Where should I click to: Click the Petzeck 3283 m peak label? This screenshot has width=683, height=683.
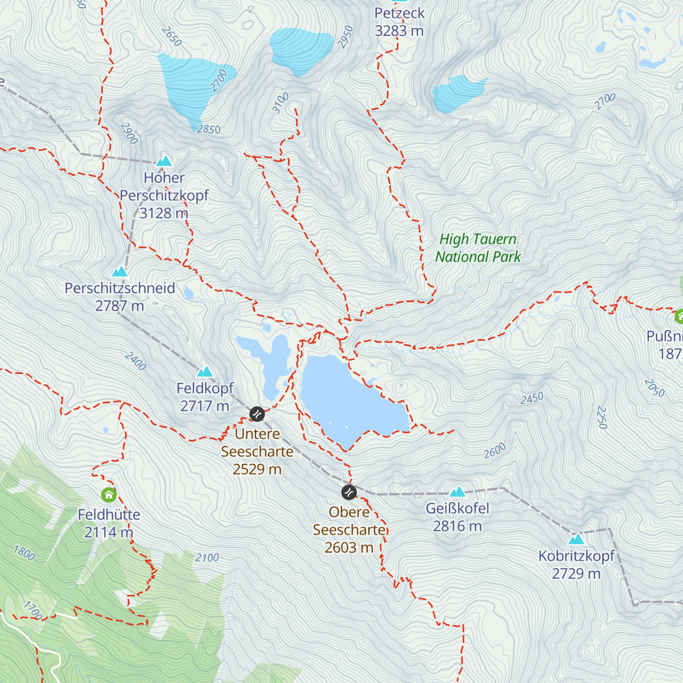pos(399,22)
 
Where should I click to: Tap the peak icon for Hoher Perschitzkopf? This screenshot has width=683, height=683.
pos(164,161)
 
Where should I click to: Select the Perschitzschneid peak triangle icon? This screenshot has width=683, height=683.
pos(120,272)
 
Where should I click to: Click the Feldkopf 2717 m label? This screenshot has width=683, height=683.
pos(205,397)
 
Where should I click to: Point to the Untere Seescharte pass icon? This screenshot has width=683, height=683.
pos(257,414)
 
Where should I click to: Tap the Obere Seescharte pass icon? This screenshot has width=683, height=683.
pos(349,492)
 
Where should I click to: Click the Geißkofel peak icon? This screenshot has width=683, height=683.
pos(458,492)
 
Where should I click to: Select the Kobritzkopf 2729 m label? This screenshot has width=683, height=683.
pos(576,564)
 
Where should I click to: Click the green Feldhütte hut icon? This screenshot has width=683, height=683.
pos(109,495)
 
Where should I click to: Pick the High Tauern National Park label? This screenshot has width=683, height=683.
pos(478,248)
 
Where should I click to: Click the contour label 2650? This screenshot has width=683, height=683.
pos(171,36)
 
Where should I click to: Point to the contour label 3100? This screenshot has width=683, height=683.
pos(281,103)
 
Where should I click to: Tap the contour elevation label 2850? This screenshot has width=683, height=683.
pos(208,129)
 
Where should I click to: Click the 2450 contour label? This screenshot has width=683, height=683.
pos(532,398)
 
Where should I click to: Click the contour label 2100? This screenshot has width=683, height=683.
pos(207,558)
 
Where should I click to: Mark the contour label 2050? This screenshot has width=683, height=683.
pos(654,388)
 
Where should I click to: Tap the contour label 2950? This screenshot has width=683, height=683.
pos(345,36)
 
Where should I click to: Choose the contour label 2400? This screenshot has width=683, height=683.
pos(135,361)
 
